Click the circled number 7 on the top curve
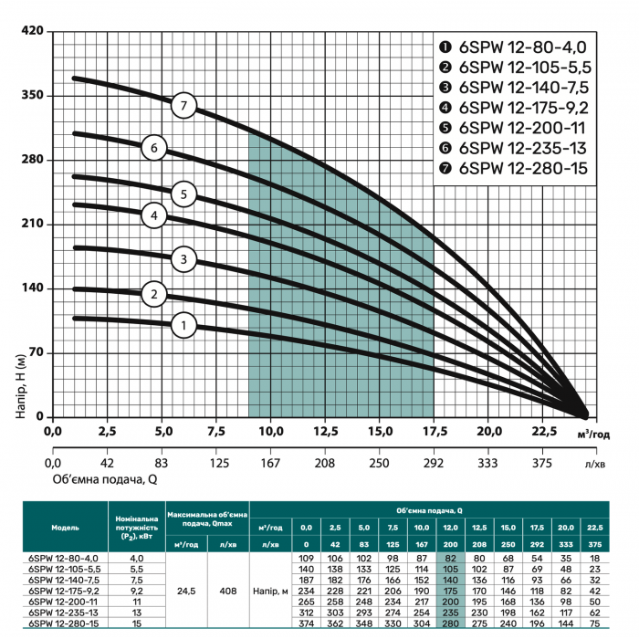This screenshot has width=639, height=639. (183, 106)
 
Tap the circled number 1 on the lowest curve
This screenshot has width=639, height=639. (183, 325)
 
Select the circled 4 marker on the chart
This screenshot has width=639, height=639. (154, 215)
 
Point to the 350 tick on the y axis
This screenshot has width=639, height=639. (32, 95)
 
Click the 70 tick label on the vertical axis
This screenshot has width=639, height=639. (36, 352)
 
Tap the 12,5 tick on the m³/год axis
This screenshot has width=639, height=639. (325, 431)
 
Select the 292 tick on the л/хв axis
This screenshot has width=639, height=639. (434, 463)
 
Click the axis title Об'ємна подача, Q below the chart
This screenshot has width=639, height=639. (105, 479)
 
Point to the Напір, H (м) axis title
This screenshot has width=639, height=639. (21, 386)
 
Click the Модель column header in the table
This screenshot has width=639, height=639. (65, 528)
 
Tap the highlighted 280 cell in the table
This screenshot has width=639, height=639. (450, 623)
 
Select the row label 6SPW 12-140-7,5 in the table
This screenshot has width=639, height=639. (64, 580)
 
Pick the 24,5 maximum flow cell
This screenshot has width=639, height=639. (186, 591)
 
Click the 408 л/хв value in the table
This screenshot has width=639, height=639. (228, 591)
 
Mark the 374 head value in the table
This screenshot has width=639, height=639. (306, 623)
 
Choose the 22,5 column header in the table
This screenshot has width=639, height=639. (595, 528)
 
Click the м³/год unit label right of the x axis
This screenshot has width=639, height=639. (593, 435)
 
